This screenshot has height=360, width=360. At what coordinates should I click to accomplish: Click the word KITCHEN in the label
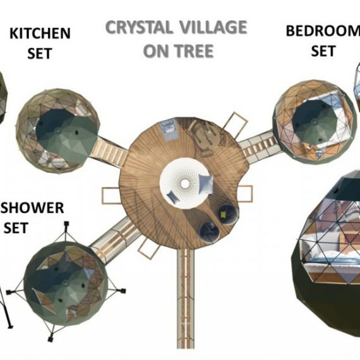(x=40, y=33)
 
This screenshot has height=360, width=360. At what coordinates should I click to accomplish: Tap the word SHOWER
(x=32, y=208)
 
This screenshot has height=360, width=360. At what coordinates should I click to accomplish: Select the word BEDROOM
(x=323, y=31)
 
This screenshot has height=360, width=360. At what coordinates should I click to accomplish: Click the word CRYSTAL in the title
(x=139, y=27)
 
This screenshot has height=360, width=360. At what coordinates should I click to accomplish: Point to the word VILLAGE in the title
(x=213, y=27)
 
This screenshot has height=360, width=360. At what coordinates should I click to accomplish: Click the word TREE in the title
(x=195, y=51)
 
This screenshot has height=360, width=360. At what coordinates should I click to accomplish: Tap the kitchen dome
(x=58, y=131)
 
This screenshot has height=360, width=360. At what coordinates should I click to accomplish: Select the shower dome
(x=66, y=284)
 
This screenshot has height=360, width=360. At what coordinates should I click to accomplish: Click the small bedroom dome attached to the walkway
(x=314, y=122)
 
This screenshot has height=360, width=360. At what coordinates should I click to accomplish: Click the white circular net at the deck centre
(x=185, y=183)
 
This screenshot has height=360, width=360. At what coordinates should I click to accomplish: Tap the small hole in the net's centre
(x=185, y=183)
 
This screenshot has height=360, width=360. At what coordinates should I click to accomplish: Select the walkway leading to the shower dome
(x=115, y=240)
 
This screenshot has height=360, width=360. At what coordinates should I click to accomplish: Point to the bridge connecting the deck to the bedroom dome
(x=260, y=146)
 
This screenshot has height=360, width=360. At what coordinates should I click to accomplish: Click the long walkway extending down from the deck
(x=186, y=299)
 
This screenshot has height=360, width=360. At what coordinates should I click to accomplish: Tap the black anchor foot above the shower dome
(x=66, y=224)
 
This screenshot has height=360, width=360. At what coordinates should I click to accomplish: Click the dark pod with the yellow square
(x=226, y=214)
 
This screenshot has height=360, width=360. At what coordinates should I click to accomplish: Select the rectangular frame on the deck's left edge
(x=111, y=196)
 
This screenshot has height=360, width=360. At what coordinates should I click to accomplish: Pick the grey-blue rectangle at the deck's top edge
(x=169, y=129)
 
